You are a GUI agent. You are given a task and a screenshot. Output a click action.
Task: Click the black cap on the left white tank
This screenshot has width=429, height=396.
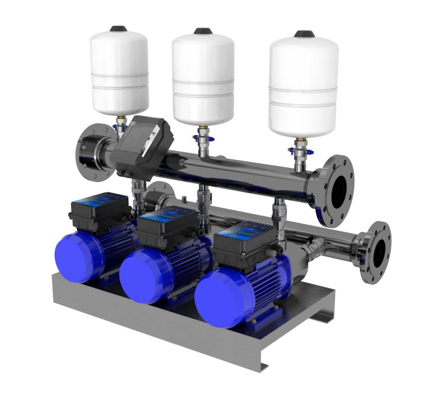click(x=117, y=28)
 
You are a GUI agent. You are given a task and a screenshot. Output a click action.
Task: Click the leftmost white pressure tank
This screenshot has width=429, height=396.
click(x=119, y=70)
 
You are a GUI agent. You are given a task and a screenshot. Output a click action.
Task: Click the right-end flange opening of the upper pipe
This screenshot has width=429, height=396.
click(x=338, y=188)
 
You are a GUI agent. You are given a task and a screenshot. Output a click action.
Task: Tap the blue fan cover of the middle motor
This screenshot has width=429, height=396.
click(x=140, y=277)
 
